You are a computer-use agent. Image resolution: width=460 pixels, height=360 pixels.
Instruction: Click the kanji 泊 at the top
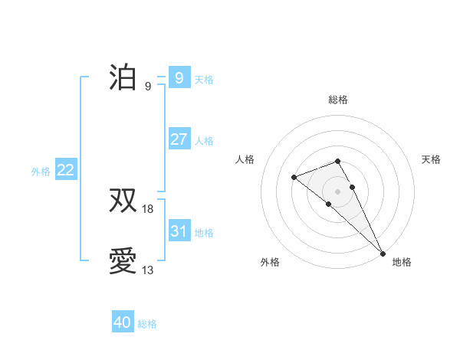tap(123, 77)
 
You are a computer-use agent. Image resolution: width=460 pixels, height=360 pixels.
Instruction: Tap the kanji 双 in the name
tap(123, 201)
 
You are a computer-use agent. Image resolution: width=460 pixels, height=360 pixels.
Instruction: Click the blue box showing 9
tap(179, 77)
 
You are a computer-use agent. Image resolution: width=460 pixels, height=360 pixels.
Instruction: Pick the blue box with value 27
tap(179, 139)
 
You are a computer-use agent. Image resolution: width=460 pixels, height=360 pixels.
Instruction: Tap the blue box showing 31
tap(179, 231)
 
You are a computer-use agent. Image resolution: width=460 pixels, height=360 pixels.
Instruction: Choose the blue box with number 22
tap(65, 170)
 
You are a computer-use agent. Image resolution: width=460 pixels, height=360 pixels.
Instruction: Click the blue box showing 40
tap(123, 322)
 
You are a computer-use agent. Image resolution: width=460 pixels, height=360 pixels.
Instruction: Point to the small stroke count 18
tap(148, 209)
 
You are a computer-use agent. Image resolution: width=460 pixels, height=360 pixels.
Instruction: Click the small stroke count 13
tap(148, 270)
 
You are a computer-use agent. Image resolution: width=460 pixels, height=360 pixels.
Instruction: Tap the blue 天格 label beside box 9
tap(204, 79)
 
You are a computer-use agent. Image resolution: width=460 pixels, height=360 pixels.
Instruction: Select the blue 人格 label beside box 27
tap(204, 140)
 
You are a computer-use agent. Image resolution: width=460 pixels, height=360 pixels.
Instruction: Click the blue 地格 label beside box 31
tap(204, 232)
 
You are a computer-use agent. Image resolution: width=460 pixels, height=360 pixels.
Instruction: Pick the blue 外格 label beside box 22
tap(41, 172)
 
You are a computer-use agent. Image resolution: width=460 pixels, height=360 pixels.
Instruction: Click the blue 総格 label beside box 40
tap(147, 324)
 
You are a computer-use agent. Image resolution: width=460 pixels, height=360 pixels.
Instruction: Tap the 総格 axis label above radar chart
tap(337, 100)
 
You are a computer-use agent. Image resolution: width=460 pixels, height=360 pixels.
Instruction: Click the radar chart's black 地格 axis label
tap(402, 262)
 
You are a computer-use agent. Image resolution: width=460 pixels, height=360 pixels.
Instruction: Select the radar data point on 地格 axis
tap(383, 252)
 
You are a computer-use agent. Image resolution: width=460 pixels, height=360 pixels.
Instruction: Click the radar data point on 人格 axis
tap(294, 178)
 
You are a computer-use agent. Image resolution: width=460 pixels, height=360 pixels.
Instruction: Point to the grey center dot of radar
tap(337, 191)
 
